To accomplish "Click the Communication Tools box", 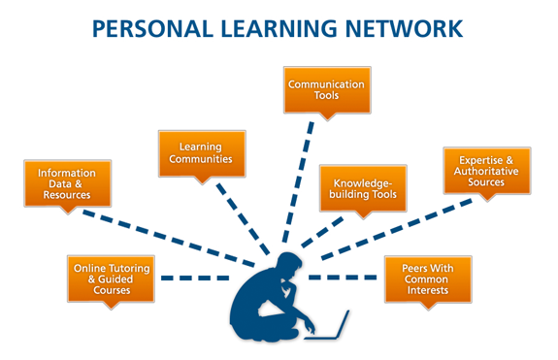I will [326, 91].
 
